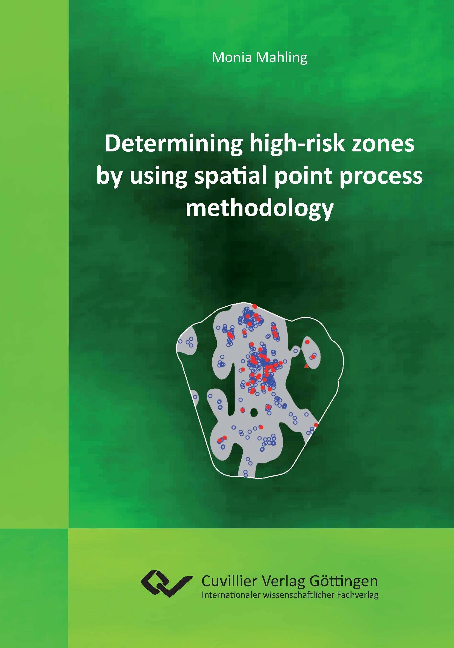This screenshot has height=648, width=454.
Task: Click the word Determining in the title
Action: (173, 145)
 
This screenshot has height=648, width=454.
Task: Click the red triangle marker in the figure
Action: (306, 366)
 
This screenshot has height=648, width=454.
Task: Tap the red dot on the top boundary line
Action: (255, 306)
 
